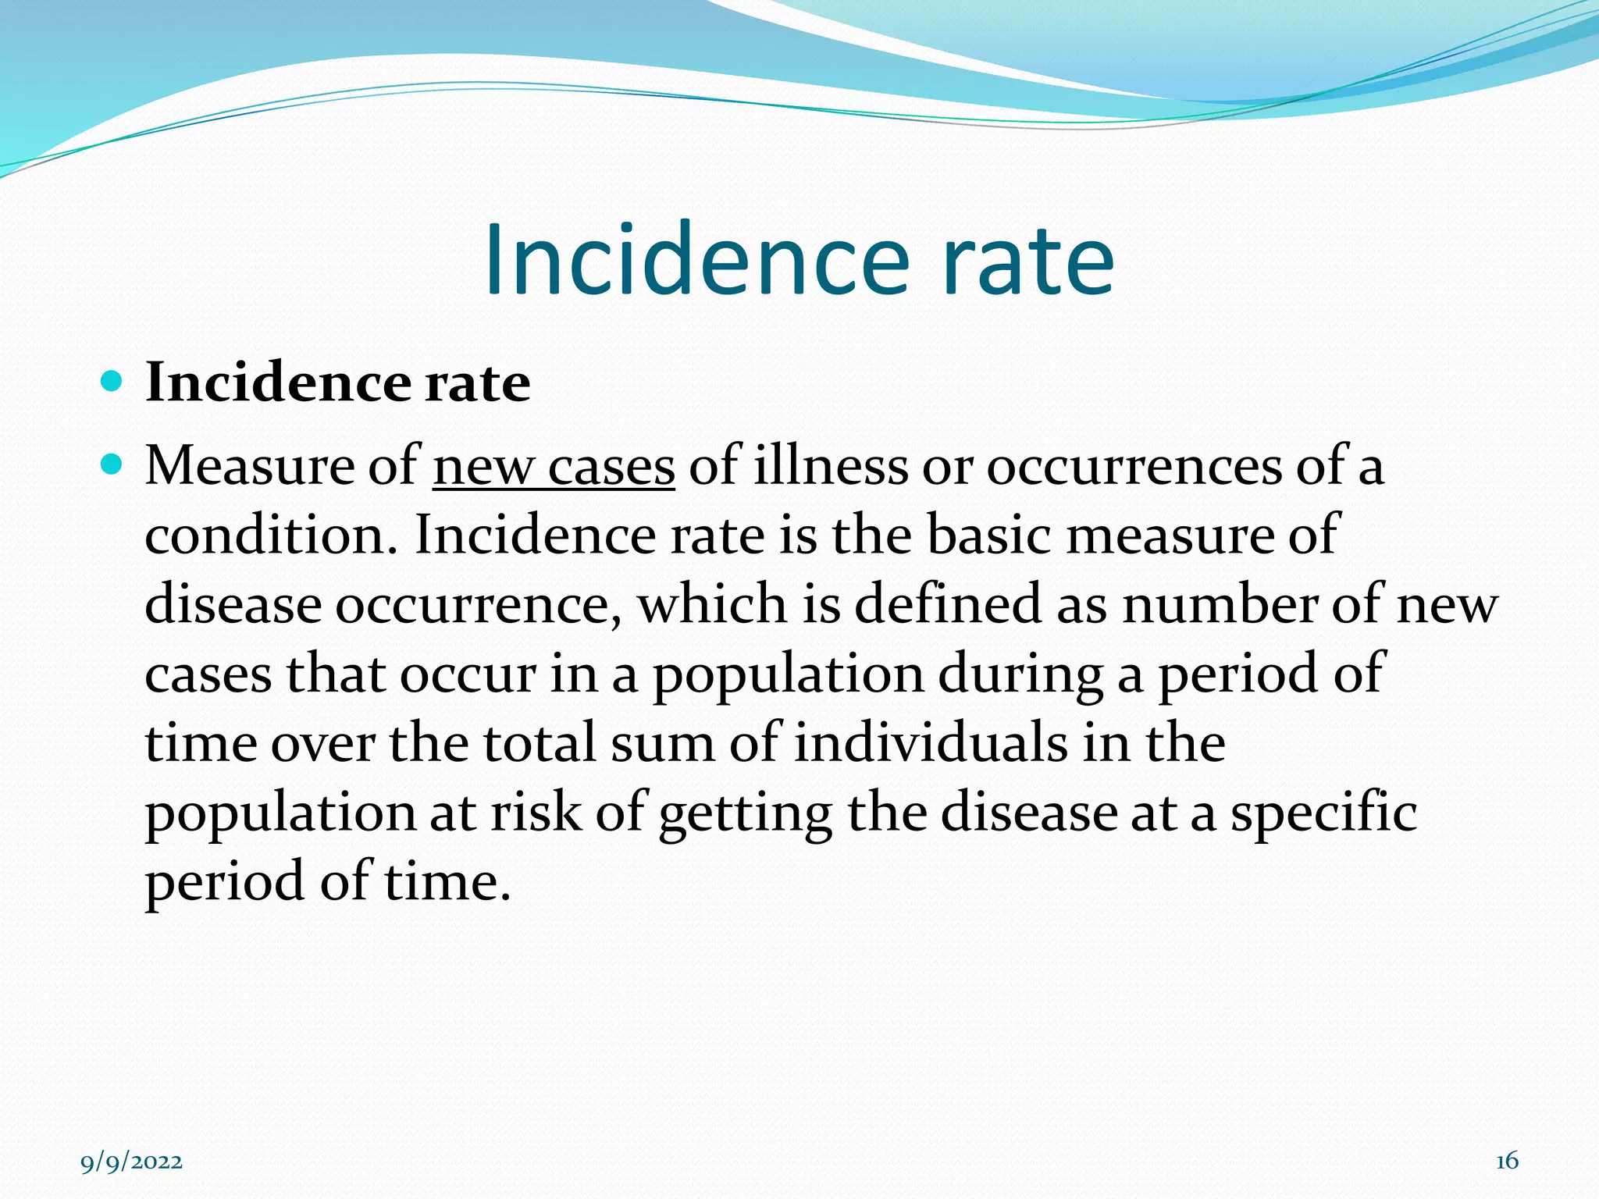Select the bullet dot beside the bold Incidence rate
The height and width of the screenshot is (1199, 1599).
click(112, 382)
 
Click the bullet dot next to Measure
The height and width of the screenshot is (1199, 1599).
click(112, 465)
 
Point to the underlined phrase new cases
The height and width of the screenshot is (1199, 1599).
click(554, 467)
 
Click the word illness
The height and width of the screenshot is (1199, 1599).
click(831, 466)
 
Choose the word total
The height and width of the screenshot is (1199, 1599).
click(540, 742)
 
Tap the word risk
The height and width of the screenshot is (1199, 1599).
click(536, 812)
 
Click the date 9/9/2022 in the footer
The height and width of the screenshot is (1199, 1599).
click(132, 1162)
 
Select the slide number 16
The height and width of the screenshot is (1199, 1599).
click(1507, 1161)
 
